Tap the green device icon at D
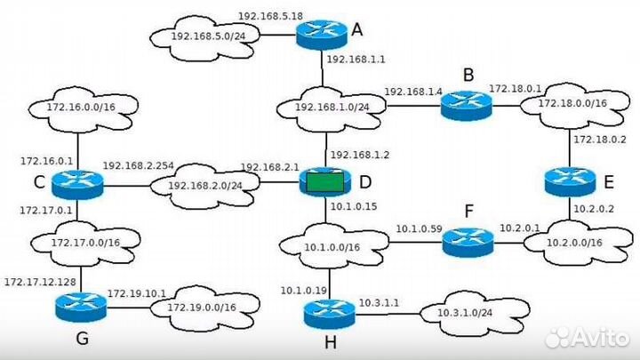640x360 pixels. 326,183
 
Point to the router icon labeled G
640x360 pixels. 81,308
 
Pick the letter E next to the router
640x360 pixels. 609,182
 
